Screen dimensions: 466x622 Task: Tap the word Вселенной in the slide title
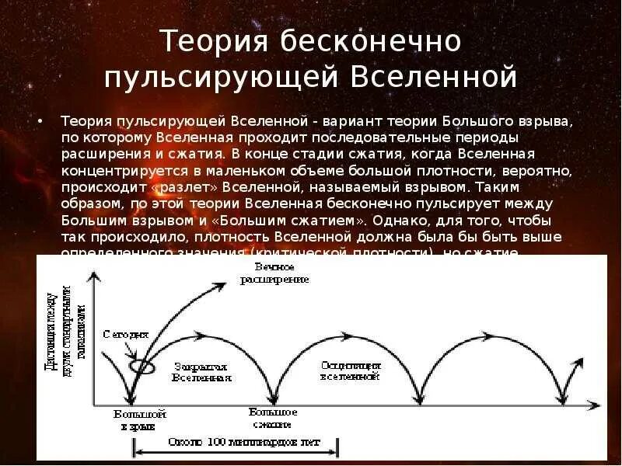[435, 77]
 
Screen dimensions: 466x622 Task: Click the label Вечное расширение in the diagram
[280, 273]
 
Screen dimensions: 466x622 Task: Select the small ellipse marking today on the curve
[142, 364]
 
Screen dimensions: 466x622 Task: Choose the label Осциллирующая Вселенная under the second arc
[349, 370]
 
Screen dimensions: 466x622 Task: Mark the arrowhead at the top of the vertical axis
[93, 275]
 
